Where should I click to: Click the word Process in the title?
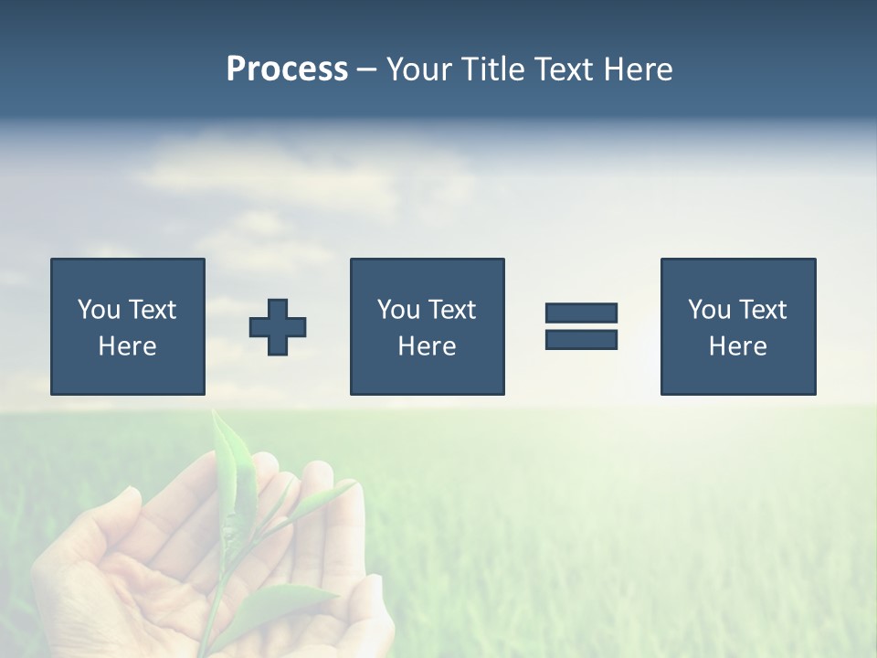(287, 69)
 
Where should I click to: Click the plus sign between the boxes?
(278, 327)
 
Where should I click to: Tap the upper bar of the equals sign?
(581, 313)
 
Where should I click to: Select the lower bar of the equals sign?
(581, 339)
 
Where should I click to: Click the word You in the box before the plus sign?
(99, 310)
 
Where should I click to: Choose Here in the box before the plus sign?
(127, 346)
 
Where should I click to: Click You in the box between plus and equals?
(398, 310)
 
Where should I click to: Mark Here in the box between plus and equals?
(427, 346)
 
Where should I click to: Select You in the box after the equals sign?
(709, 310)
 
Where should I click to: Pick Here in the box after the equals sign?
(737, 346)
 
